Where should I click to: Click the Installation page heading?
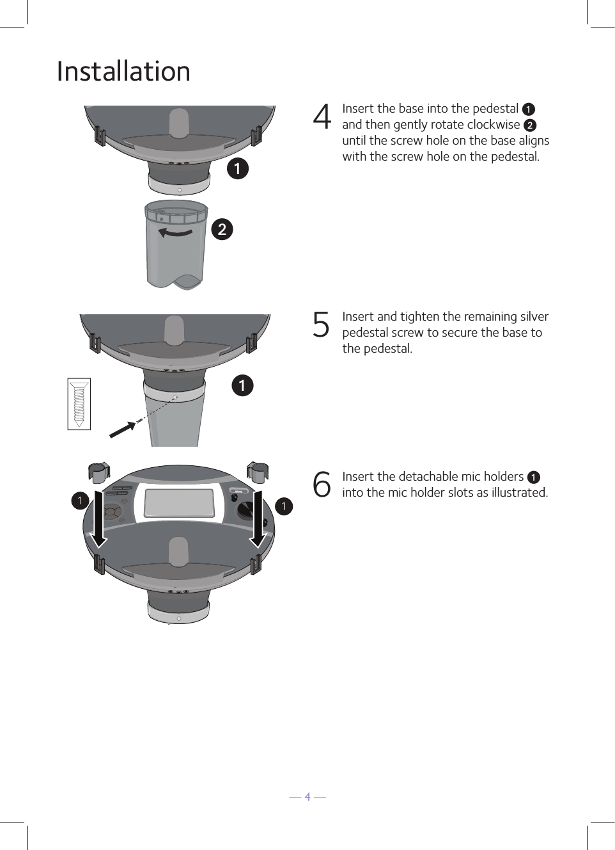(x=123, y=71)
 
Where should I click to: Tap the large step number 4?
(x=322, y=117)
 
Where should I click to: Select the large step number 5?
(x=321, y=325)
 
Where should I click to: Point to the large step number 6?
(x=322, y=484)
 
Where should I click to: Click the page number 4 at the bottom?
(x=307, y=796)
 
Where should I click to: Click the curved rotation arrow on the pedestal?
(x=175, y=232)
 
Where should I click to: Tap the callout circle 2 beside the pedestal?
(x=222, y=229)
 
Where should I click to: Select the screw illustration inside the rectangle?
(x=79, y=404)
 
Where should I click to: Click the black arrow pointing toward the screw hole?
(x=122, y=430)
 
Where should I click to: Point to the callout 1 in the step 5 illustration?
(x=242, y=385)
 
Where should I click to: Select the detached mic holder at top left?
(x=98, y=473)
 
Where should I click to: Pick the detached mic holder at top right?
(x=257, y=473)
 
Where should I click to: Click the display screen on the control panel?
(x=179, y=503)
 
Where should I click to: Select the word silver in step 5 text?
(x=534, y=316)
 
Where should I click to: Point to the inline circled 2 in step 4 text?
(x=530, y=125)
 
